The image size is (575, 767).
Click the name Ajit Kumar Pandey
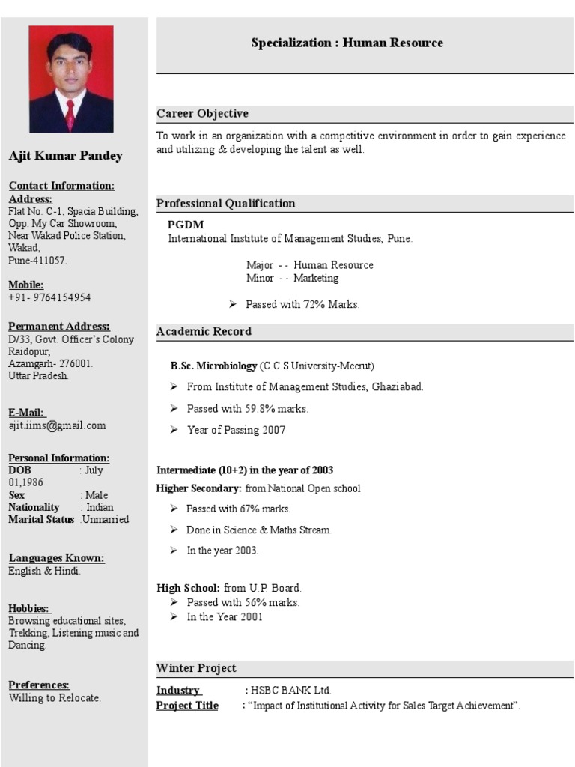click(x=65, y=156)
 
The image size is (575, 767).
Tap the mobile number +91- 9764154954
click(x=49, y=297)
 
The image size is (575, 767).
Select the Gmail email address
click(x=57, y=425)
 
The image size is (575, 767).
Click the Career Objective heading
click(x=202, y=114)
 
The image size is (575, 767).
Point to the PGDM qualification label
click(x=186, y=225)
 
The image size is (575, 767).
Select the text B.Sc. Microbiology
click(x=213, y=366)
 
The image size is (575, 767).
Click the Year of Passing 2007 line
click(x=236, y=430)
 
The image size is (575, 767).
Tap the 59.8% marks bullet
click(x=247, y=409)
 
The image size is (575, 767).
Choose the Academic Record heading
click(x=204, y=331)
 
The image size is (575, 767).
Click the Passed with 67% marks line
click(x=238, y=509)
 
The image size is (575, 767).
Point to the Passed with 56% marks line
click(x=243, y=602)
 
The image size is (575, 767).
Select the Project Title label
click(x=187, y=706)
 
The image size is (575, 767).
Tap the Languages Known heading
click(x=56, y=558)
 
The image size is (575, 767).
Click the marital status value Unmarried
click(x=106, y=519)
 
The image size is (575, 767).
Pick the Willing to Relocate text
click(x=55, y=698)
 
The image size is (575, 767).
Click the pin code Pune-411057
click(x=37, y=261)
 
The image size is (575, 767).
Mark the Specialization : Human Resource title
click(x=347, y=43)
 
